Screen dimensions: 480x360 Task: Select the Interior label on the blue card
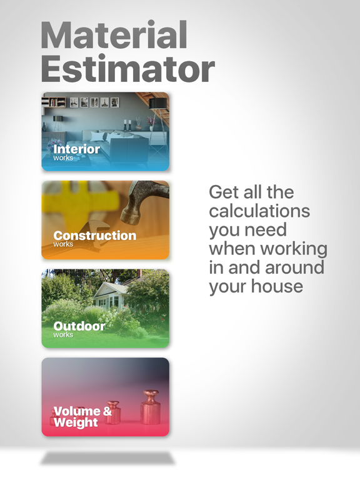(x=76, y=149)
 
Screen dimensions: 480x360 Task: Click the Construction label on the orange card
(x=94, y=236)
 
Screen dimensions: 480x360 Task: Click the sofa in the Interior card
(x=109, y=144)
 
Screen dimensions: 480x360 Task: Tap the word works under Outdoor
(x=63, y=335)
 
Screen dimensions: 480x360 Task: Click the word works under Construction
(x=63, y=244)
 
